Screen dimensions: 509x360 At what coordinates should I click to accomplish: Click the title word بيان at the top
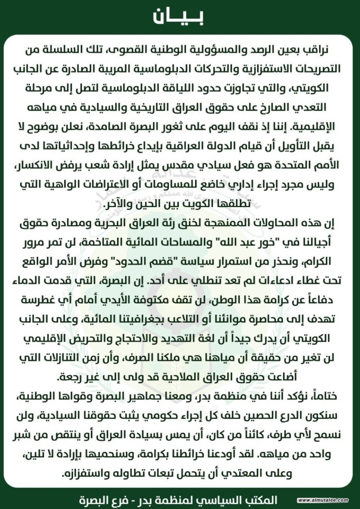tap(178, 17)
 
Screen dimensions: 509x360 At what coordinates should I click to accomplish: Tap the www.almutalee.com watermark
tap(323, 500)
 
